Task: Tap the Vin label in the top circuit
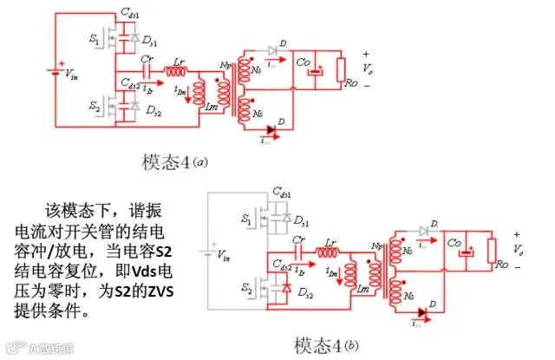(x=75, y=75)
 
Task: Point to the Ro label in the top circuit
(x=349, y=84)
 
